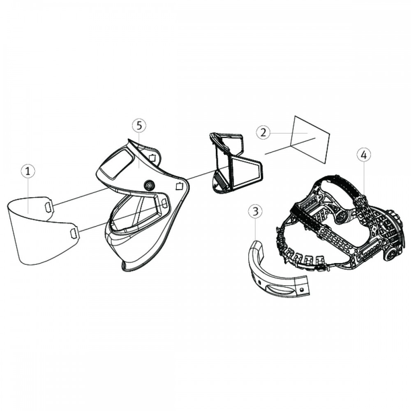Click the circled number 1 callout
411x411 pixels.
tap(28, 171)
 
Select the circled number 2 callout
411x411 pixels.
tap(263, 132)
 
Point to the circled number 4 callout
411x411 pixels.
tap(364, 155)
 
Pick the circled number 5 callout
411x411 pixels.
tap(139, 125)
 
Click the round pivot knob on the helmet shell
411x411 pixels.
tap(149, 185)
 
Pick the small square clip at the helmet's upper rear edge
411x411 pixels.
tap(152, 158)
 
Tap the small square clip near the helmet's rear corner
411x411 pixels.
tap(179, 186)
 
